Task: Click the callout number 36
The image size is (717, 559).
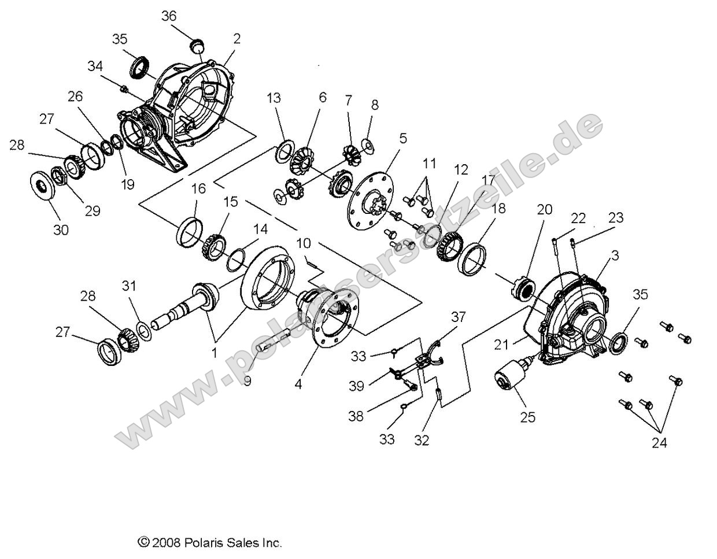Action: (x=169, y=16)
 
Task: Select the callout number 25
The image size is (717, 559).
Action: (x=527, y=416)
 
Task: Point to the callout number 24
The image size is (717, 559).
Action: (x=659, y=443)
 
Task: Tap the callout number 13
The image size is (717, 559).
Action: (x=274, y=98)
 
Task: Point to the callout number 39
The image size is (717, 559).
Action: (x=356, y=386)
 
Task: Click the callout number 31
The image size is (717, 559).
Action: (x=130, y=285)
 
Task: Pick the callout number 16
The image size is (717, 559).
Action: (x=198, y=188)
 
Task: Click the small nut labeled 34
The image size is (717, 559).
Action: (x=124, y=88)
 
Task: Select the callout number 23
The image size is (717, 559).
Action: (x=616, y=218)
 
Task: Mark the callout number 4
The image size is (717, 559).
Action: (x=298, y=383)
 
